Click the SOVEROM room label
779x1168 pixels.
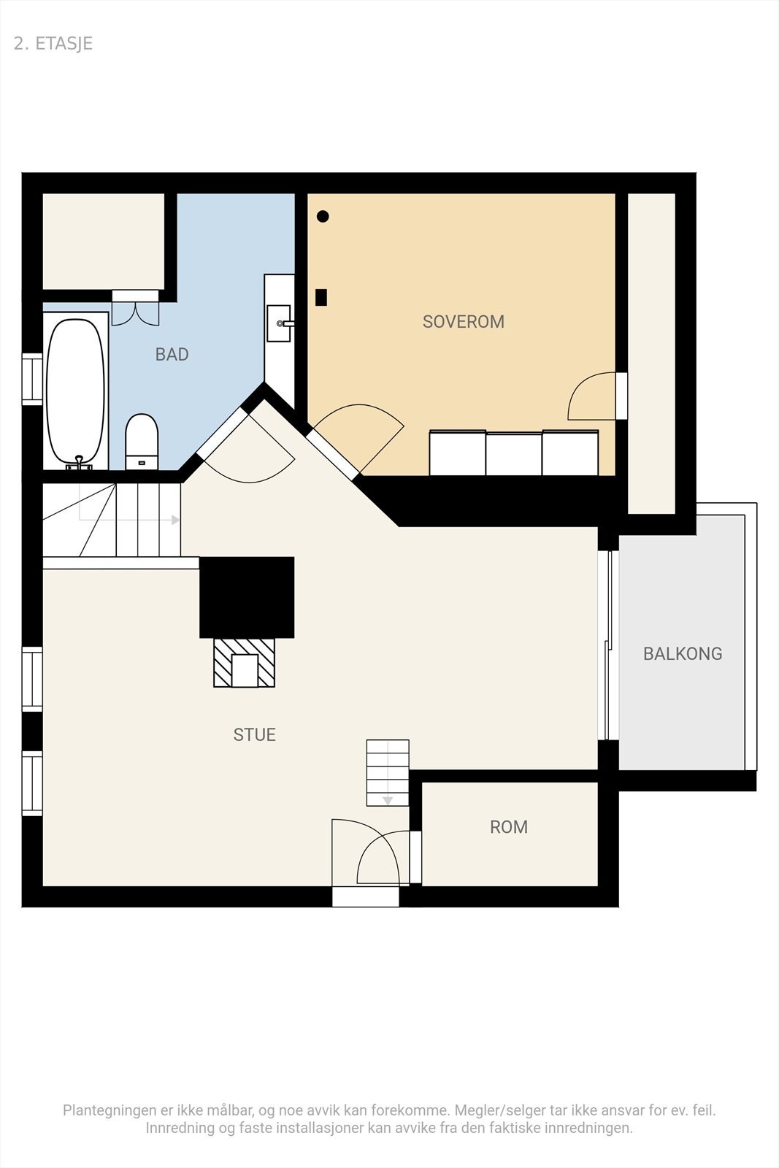tap(463, 322)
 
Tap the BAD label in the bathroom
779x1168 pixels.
tap(172, 355)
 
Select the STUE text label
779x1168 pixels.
tap(254, 735)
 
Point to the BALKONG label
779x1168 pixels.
tap(682, 654)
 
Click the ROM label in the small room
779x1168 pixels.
tap(508, 827)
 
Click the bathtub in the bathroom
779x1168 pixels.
tap(75, 391)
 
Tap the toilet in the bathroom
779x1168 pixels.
tap(142, 441)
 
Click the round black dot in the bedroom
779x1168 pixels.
tap(323, 216)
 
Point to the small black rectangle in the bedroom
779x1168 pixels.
tap(321, 297)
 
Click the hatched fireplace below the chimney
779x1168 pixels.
tap(245, 662)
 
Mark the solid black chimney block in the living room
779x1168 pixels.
tap(247, 597)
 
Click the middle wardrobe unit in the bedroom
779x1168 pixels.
tap(514, 453)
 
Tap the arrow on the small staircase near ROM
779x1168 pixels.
tap(388, 801)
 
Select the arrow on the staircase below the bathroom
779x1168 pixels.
tap(175, 520)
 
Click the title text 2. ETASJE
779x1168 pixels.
tap(53, 44)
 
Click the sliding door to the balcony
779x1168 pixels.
tap(607, 645)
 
